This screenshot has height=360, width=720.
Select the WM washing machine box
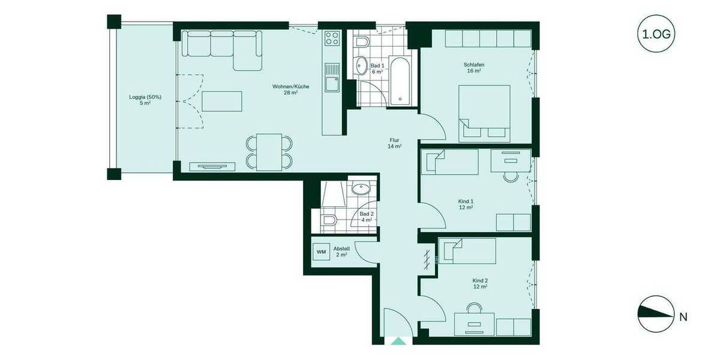322,251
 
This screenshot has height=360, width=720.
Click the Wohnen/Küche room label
290,89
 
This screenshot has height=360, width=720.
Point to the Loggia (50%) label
145,100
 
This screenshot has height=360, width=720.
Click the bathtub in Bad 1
400,81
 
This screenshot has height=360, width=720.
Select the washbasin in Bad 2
361,190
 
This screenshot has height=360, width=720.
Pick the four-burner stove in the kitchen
332,39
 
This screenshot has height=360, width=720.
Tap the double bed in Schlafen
485,113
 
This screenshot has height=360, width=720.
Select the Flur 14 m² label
394,143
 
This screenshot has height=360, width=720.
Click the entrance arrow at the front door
398,341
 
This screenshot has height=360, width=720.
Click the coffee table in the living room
222,101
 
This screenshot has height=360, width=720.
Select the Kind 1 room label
466,204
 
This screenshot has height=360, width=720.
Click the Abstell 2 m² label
341,251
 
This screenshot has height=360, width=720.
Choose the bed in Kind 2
468,251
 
